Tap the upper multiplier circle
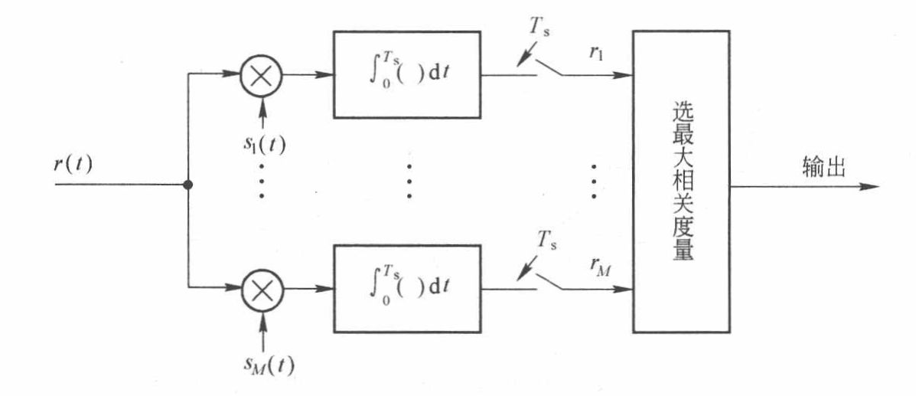point(262,76)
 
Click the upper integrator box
point(407,76)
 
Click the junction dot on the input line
point(188,185)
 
